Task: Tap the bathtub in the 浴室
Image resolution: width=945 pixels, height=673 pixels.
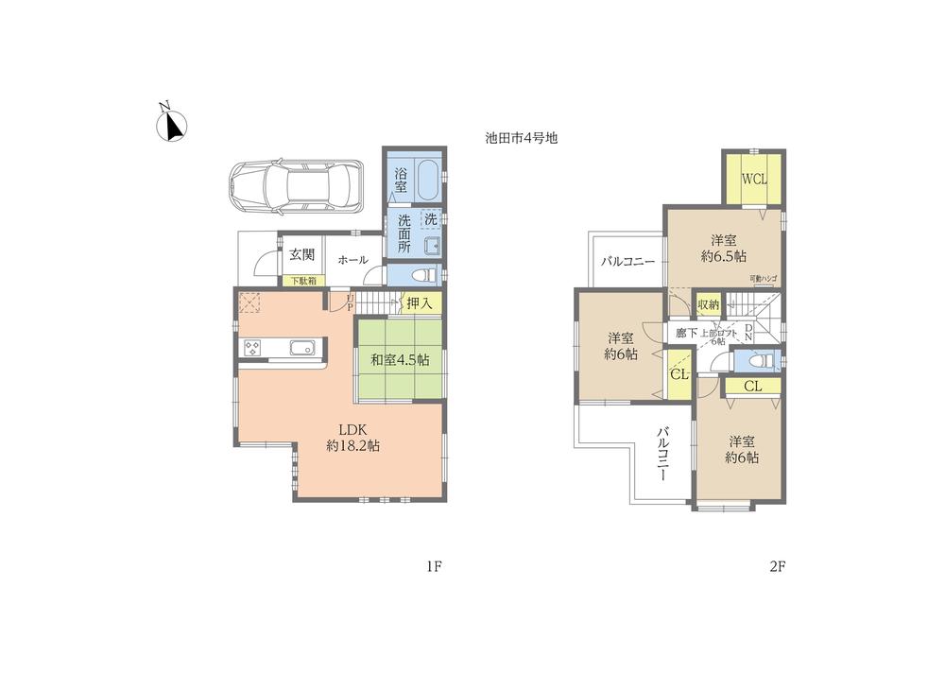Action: pos(426,180)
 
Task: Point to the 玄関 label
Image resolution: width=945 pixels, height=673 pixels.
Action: pos(301,254)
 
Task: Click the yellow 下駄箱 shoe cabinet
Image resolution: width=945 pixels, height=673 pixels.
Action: pos(302,281)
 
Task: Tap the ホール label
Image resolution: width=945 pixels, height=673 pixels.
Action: pos(352,260)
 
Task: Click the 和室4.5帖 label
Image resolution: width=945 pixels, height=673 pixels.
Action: pos(399,360)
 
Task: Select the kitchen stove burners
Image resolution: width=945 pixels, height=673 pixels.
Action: pos(252,349)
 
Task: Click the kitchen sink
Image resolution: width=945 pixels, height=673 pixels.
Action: pos(302,348)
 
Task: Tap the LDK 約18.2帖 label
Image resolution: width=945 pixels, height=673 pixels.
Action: pos(352,437)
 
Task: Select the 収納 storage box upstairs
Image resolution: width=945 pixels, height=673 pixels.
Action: pos(708,304)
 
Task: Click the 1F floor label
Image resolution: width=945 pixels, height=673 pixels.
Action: pos(434,567)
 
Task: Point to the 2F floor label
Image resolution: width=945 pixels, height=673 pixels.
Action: pos(778,567)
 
